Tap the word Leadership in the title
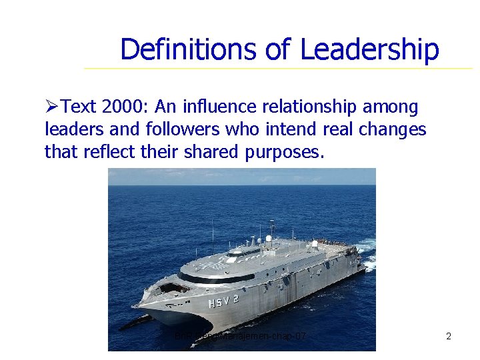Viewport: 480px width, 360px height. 369,49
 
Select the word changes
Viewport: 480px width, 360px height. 396,129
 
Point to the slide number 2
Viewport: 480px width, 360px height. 449,337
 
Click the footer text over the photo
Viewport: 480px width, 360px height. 240,337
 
